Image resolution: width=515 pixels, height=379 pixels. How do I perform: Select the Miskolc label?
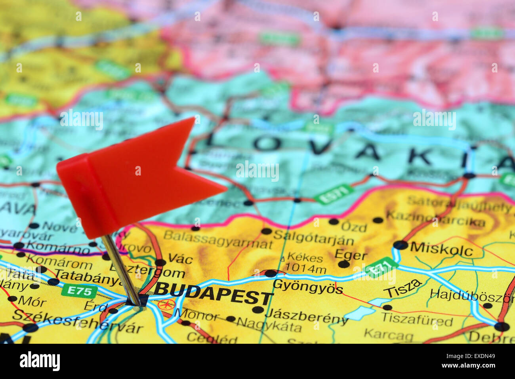coord(441,249)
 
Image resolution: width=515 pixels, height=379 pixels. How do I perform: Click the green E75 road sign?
coord(79,291)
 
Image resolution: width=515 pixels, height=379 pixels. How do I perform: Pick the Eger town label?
coord(351,255)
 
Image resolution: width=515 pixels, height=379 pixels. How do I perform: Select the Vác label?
coord(180,259)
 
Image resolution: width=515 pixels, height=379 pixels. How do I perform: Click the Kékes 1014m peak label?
coord(305,263)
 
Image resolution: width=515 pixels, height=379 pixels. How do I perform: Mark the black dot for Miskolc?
coord(400,245)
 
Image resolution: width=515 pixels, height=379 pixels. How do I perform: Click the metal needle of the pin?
coord(121,269)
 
